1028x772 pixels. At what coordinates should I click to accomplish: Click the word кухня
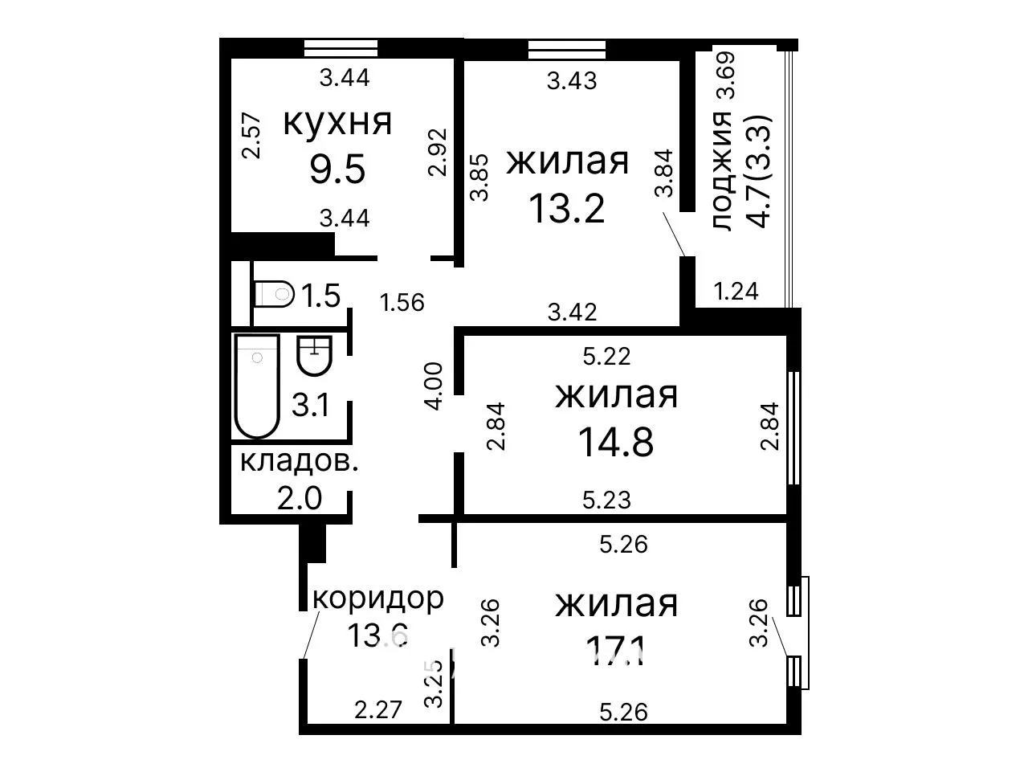click(337, 123)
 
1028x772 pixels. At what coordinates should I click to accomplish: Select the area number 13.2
click(567, 208)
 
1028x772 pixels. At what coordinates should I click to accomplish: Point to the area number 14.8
click(616, 442)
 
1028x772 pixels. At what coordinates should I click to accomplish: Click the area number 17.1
click(616, 652)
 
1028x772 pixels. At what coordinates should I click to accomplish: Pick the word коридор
click(378, 599)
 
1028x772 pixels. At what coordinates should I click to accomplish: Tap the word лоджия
click(722, 170)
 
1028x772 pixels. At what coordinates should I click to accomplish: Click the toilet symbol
click(274, 294)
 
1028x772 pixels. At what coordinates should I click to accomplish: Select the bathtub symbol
click(257, 386)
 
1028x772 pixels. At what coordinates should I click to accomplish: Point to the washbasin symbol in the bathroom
click(314, 356)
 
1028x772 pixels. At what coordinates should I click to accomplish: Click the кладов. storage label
click(299, 462)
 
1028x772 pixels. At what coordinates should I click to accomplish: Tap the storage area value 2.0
click(300, 498)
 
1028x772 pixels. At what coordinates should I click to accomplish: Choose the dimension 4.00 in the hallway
click(433, 386)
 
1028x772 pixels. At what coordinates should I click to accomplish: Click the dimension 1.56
click(402, 302)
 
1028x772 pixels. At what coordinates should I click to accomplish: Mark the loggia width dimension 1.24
click(736, 292)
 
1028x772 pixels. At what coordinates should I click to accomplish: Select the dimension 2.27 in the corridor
click(378, 709)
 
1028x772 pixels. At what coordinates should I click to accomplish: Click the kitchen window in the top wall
click(341, 48)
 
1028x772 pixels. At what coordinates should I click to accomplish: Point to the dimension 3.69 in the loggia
click(726, 75)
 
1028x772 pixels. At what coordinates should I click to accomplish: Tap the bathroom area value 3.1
click(311, 405)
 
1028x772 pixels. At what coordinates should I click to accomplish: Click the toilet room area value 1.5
click(320, 296)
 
